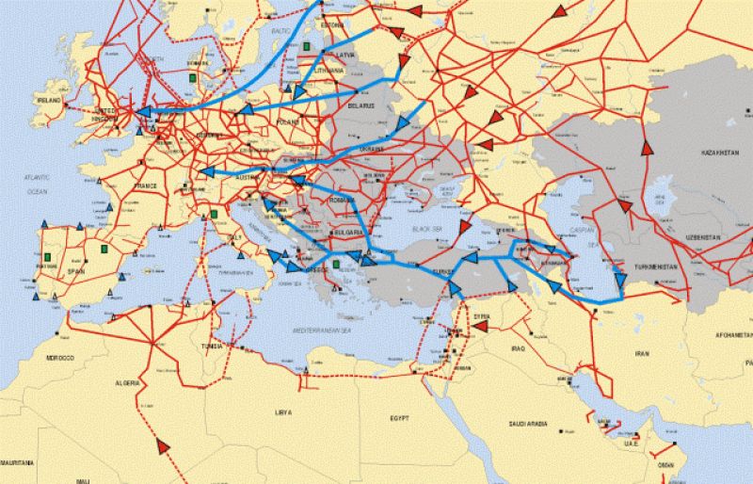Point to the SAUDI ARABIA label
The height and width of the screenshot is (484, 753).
click(x=533, y=424)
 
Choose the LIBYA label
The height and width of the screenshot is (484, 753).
click(x=282, y=412)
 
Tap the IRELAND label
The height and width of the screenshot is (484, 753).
click(x=48, y=99)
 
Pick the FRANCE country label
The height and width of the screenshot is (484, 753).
click(x=145, y=186)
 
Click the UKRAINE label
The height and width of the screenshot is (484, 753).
click(x=373, y=149)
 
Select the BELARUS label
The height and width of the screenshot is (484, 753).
click(x=360, y=105)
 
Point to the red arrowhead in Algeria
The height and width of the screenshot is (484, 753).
click(x=166, y=444)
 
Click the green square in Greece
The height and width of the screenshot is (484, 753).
click(x=336, y=265)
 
